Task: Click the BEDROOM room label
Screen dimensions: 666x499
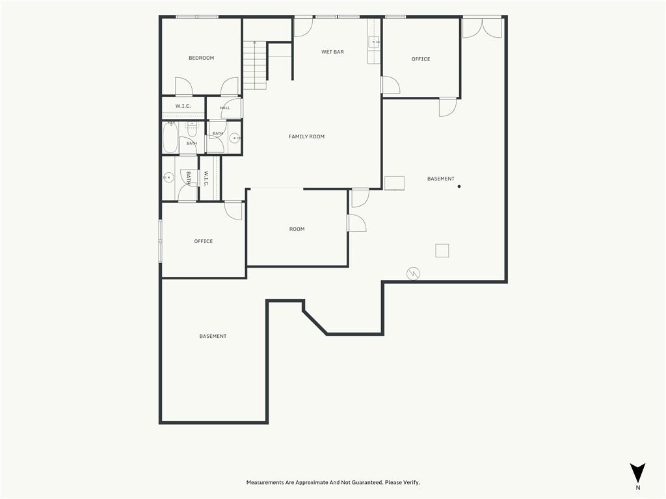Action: point(202,58)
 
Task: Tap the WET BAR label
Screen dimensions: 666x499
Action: point(332,52)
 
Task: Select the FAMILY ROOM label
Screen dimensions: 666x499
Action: point(307,136)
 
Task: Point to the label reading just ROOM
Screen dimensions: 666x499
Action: point(297,229)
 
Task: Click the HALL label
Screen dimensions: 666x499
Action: point(225,108)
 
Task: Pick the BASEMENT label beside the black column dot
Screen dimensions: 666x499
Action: point(441,179)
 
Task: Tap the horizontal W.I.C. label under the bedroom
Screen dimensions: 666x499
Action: point(183,106)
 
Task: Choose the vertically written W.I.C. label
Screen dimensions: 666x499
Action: point(206,178)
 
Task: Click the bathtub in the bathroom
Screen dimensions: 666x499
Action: point(170,137)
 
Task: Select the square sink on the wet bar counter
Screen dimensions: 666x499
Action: point(374,42)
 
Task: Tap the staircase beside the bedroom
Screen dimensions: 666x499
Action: point(255,65)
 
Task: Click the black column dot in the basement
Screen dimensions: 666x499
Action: point(459,186)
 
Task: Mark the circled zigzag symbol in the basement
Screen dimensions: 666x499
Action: point(413,274)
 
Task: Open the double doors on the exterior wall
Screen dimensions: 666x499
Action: point(482,28)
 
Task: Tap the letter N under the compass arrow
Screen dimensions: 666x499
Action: point(638,488)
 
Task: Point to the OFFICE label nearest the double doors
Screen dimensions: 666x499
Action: point(421,59)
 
